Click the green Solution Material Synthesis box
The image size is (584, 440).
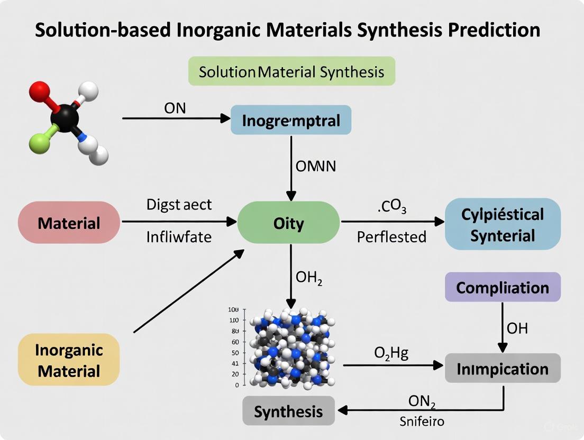click(x=291, y=71)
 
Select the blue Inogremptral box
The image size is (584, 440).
click(x=291, y=120)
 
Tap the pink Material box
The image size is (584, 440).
click(x=69, y=223)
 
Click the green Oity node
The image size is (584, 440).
click(x=289, y=223)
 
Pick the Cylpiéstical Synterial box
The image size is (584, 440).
click(x=503, y=224)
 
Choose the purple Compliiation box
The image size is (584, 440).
click(x=503, y=288)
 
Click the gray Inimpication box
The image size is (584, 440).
click(x=503, y=368)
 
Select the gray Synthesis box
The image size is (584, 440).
click(x=288, y=411)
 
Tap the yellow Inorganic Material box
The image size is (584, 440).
click(x=69, y=359)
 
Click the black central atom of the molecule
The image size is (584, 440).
click(x=65, y=116)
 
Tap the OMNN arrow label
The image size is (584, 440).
click(x=316, y=166)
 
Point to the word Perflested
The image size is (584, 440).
click(x=391, y=236)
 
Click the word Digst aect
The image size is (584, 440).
click(x=179, y=205)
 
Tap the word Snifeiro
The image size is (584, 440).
click(x=422, y=421)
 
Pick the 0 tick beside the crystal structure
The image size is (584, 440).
click(x=237, y=385)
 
